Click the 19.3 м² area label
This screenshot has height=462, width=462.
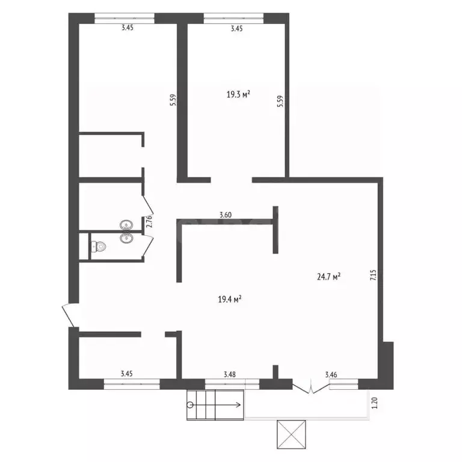(x=238, y=94)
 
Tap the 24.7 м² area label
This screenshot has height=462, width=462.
(x=329, y=277)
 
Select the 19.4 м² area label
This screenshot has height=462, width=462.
(x=230, y=300)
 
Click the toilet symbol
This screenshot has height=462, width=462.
(x=99, y=246)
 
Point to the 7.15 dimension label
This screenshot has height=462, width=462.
(x=374, y=275)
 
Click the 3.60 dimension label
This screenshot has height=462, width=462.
(x=226, y=215)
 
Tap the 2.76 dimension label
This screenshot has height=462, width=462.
(x=149, y=221)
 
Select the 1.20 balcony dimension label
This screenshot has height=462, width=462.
(x=375, y=403)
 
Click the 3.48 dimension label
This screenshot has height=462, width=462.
(x=230, y=375)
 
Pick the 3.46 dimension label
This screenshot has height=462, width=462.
(x=331, y=375)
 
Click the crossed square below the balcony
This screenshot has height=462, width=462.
(x=291, y=434)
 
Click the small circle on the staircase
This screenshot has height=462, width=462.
(x=190, y=405)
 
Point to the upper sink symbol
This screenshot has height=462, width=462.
(x=126, y=226)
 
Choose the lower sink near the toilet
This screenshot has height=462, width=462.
(x=126, y=238)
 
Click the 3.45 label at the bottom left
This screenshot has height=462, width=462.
(x=127, y=374)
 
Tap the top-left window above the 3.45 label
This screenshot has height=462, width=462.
(x=125, y=18)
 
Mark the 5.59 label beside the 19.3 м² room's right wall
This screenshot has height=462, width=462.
(x=280, y=101)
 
